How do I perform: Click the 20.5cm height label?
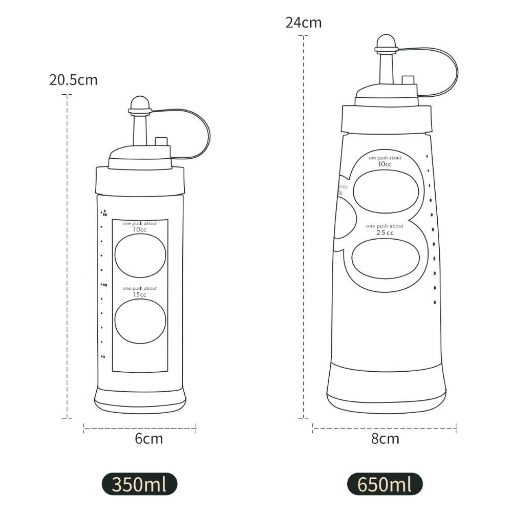[73, 80]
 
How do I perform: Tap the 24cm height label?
[304, 23]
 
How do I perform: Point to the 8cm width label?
[385, 439]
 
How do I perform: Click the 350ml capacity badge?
[139, 484]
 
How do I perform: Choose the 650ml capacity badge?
[385, 484]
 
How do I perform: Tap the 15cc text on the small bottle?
[140, 294]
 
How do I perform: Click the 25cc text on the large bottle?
[385, 233]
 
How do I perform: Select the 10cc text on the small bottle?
[140, 229]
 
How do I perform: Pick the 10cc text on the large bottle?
[385, 164]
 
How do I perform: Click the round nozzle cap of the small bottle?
[139, 104]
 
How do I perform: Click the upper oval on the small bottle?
[140, 255]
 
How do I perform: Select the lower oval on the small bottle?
[140, 321]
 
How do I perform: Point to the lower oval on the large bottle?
[386, 259]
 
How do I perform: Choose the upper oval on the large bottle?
[386, 191]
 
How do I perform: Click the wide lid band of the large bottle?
[386, 119]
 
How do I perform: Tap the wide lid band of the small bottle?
[140, 181]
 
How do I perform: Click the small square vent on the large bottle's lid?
[408, 80]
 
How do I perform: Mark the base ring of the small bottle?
[140, 399]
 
